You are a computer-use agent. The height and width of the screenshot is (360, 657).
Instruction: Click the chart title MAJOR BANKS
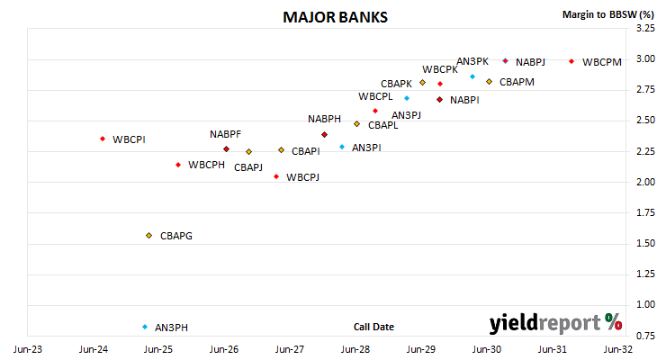coord(335,17)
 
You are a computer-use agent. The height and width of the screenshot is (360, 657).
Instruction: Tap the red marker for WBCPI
coord(103,139)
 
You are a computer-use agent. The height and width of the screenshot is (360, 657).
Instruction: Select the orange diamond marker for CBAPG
coord(148,236)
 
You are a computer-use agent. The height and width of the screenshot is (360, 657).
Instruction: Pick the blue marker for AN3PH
coord(145,327)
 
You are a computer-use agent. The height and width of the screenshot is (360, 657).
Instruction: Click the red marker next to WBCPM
coord(571,61)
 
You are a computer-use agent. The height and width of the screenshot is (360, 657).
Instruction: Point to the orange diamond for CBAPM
coord(489,81)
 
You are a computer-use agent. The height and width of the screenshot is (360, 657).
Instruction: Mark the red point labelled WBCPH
coord(178,165)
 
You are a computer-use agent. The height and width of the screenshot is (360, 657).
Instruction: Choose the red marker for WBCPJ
coord(276,177)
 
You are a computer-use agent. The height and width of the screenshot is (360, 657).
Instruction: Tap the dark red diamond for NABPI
coord(439,100)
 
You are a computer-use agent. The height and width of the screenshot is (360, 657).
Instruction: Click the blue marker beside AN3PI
coord(342,147)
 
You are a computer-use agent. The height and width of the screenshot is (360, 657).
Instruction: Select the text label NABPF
coord(225,134)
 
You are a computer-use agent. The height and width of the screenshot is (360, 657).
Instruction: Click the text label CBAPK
coord(396,84)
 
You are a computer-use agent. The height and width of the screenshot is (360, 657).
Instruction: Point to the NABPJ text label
coord(530,62)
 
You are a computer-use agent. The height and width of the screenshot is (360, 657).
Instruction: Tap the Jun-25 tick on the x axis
coord(158,349)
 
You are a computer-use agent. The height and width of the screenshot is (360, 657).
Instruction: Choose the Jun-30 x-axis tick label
coord(487,349)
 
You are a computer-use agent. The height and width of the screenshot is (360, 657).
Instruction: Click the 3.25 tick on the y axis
coord(645,28)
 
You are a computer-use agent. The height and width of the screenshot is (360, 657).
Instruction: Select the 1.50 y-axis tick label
coord(645,243)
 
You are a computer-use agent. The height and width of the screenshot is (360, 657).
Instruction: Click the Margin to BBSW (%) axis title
coord(608,14)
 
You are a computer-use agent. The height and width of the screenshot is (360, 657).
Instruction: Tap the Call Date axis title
coord(373,327)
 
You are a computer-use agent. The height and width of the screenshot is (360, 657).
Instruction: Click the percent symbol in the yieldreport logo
coord(614,322)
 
